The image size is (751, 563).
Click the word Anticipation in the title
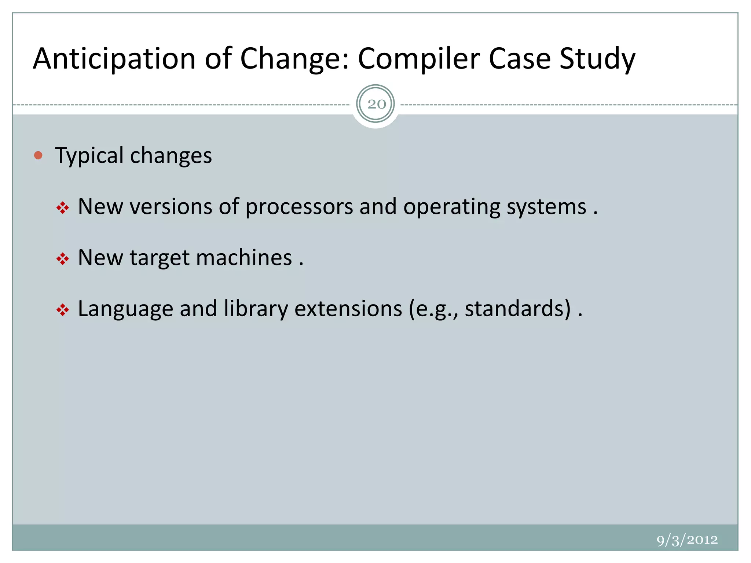pos(114,59)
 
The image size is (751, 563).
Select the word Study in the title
pos(597,59)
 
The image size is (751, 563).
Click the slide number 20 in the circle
pos(376,104)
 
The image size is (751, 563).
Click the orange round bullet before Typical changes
pos(38,155)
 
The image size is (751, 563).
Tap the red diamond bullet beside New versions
pos(63,208)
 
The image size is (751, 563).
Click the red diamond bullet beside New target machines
pos(63,259)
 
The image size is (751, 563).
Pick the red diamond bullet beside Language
pos(63,310)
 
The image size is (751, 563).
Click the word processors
pos(299,207)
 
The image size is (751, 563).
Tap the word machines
pos(244,258)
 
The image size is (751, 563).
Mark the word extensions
pos(348,309)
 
